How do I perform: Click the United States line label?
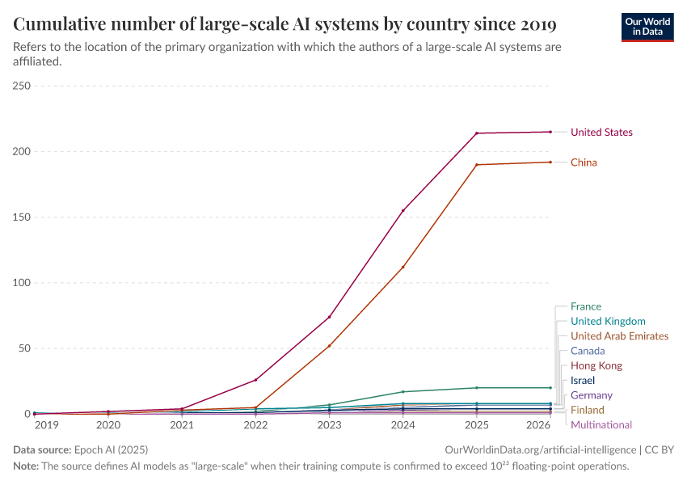coord(601,133)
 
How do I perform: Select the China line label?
coord(584,162)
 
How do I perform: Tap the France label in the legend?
coord(585,306)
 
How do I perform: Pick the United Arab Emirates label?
coord(619,336)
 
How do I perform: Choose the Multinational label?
coord(601,425)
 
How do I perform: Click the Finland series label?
coord(587,410)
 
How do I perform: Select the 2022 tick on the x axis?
coord(255,425)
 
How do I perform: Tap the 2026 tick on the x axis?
coord(539,425)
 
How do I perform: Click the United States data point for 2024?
coord(403,210)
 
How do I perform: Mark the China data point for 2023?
coord(329,346)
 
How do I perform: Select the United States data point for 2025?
coord(477,133)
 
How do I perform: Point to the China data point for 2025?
coord(477,165)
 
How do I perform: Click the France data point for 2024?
coord(403,392)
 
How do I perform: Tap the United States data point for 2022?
coord(255,380)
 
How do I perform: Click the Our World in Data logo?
coord(647,25)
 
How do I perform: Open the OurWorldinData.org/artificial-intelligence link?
coord(540,449)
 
